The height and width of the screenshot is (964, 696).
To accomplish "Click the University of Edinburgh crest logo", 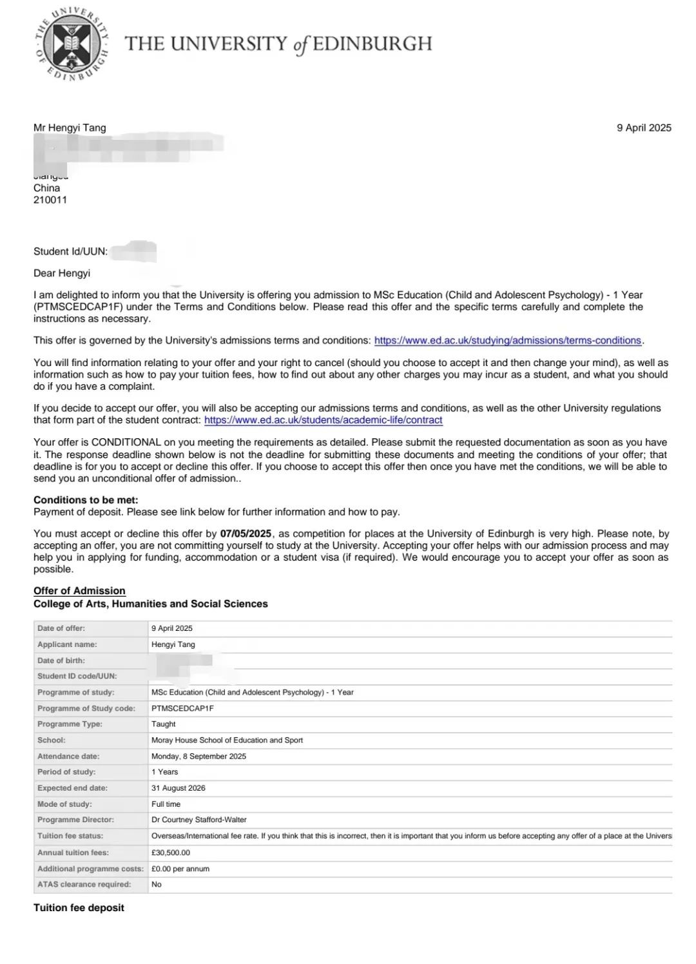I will click(x=72, y=44).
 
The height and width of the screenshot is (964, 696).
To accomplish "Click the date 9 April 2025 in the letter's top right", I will click(x=644, y=128).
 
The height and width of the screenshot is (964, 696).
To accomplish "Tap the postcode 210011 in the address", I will click(x=50, y=200).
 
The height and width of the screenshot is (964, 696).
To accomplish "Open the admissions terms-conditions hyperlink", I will click(x=507, y=340).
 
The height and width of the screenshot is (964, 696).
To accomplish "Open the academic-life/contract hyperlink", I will click(x=323, y=420).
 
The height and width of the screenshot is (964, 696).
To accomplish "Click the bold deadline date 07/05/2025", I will click(x=246, y=534).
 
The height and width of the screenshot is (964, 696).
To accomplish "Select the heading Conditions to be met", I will click(x=86, y=500).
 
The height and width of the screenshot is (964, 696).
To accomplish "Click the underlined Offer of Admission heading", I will click(x=79, y=591).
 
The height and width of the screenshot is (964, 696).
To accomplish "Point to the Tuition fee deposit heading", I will click(x=79, y=907).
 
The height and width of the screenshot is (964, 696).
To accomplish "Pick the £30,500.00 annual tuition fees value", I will click(x=171, y=853).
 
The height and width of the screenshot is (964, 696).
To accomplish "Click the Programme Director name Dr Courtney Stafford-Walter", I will click(x=199, y=820).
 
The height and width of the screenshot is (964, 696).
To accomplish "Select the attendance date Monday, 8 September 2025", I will click(x=198, y=757).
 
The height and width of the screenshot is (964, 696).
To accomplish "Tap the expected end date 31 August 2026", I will click(x=179, y=788).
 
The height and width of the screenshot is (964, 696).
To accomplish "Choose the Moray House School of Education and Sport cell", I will click(x=227, y=740).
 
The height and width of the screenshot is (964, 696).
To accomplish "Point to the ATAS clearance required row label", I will click(x=84, y=884).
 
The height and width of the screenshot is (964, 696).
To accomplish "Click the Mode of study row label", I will click(x=64, y=804).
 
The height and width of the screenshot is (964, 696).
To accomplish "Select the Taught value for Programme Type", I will click(x=164, y=724).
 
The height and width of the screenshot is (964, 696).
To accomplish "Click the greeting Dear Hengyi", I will click(x=62, y=273).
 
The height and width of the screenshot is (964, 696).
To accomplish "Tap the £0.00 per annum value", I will click(x=180, y=869).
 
